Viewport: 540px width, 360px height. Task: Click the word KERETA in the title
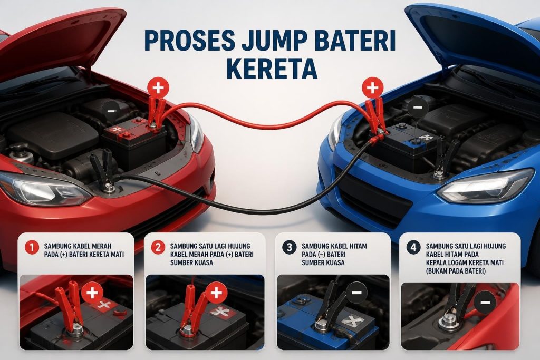click(272, 68)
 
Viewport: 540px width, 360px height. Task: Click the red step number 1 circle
click(32, 247)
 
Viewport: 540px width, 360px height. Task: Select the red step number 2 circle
click(158, 247)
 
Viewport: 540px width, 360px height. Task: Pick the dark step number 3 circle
click(289, 247)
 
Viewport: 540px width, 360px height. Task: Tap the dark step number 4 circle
click(413, 247)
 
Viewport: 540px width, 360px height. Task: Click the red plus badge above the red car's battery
click(158, 88)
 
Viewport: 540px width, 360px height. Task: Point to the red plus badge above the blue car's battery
click(372, 87)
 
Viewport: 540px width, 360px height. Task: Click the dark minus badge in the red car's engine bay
click(111, 111)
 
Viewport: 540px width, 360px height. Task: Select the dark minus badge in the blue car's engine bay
click(418, 107)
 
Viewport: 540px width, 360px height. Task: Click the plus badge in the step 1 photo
click(92, 293)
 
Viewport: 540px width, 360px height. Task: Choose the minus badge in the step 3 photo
click(356, 293)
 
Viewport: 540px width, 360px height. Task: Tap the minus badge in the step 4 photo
click(485, 302)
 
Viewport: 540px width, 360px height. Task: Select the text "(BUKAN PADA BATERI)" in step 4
click(456, 271)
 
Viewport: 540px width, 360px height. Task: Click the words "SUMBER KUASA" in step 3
click(323, 262)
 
